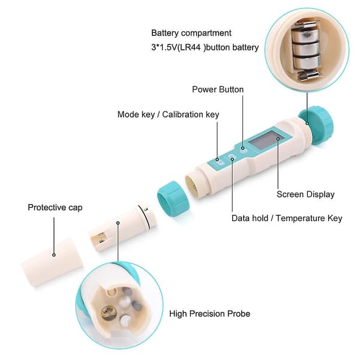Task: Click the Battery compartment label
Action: pyautogui.click(x=191, y=33)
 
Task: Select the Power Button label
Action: pyautogui.click(x=218, y=89)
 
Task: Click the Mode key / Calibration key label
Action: pyautogui.click(x=168, y=115)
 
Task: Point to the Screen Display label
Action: pyautogui.click(x=305, y=194)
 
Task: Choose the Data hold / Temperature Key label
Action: pyautogui.click(x=287, y=218)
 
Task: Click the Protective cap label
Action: pyautogui.click(x=55, y=208)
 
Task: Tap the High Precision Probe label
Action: pyautogui.click(x=209, y=314)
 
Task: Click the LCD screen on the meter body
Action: pyautogui.click(x=267, y=140)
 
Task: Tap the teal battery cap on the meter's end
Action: pyautogui.click(x=316, y=125)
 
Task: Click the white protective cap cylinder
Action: pyautogui.click(x=52, y=262)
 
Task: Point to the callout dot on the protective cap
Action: pyautogui.click(x=54, y=255)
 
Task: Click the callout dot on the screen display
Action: pyautogui.click(x=278, y=139)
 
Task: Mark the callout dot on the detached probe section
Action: pyautogui.click(x=118, y=223)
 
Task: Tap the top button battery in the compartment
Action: pyautogui.click(x=305, y=35)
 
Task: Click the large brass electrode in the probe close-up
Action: pyautogui.click(x=109, y=313)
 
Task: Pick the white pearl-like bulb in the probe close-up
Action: pyautogui.click(x=124, y=299)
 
